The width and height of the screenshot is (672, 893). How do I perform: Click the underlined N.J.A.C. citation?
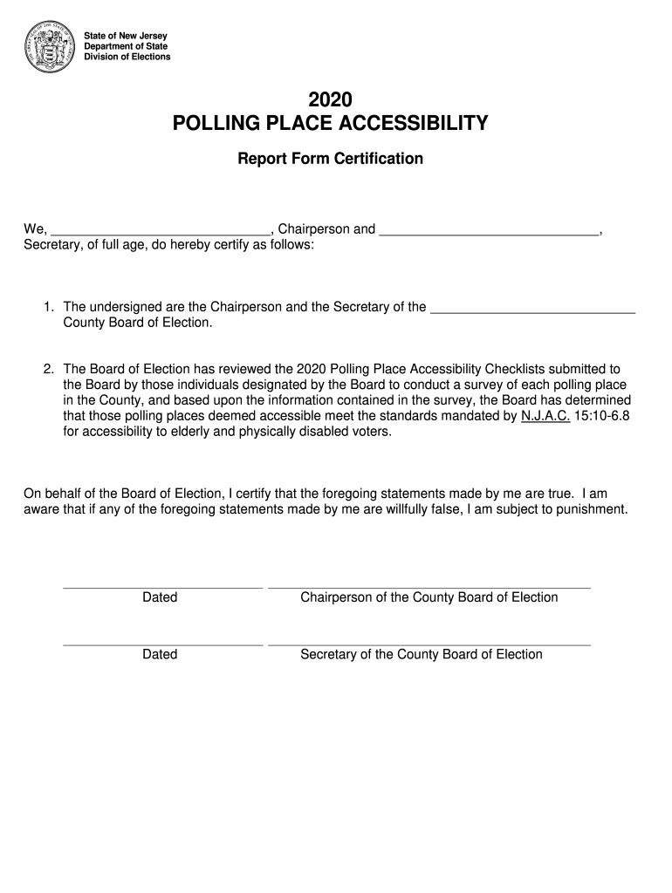545,416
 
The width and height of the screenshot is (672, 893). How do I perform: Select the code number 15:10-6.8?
602,416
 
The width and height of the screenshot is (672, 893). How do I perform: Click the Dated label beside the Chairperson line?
160,597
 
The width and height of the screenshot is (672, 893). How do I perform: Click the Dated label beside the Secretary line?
160,654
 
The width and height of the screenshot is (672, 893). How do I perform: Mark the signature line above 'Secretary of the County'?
429,645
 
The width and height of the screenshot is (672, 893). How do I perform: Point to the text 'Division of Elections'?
127,57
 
